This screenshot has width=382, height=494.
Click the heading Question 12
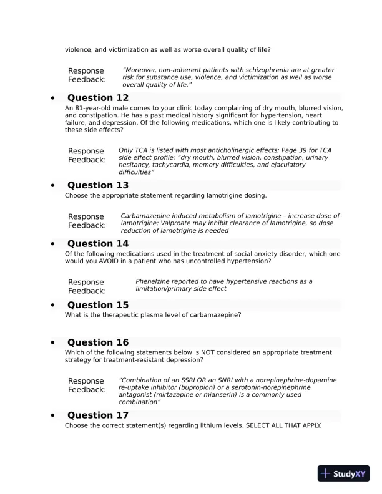(x=98, y=98)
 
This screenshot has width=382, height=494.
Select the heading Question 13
(x=98, y=185)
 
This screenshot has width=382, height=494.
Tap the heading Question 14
(x=98, y=244)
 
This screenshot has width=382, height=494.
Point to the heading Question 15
(x=98, y=305)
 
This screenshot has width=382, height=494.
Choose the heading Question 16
(x=98, y=342)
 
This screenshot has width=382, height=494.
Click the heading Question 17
(x=98, y=415)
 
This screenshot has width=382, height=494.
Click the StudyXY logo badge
(x=344, y=473)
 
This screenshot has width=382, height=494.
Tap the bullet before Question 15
(x=53, y=306)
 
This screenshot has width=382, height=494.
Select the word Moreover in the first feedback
(x=145, y=70)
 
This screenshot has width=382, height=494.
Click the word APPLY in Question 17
(x=308, y=425)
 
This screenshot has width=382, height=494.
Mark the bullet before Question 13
(x=53, y=186)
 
